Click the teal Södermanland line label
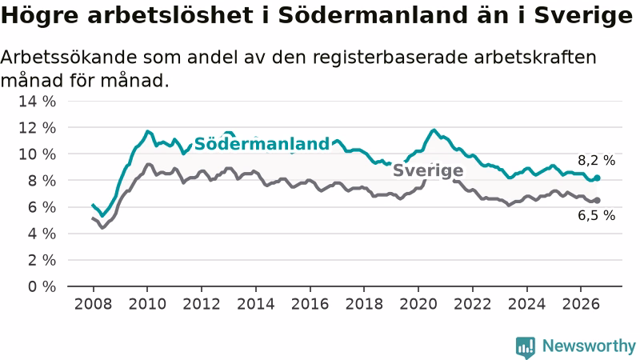coord(262,144)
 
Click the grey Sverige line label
coord(428,170)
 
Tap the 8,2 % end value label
coord(596,161)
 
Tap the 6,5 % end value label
coord(596,215)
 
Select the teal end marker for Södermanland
coord(597,178)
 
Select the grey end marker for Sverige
coord(597,201)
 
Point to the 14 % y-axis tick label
coord(37,102)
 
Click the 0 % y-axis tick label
coord(42,286)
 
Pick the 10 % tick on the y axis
coord(37,154)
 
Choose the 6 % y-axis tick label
coord(42,207)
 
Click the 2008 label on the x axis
coord(93,304)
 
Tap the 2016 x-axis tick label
coord(310,304)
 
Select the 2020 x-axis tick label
coord(418,304)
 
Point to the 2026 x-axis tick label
coord(581,304)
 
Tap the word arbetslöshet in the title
coord(170,15)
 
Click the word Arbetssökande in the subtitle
coord(69,57)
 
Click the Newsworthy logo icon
coord(526,347)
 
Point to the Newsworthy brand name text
coord(589,346)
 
